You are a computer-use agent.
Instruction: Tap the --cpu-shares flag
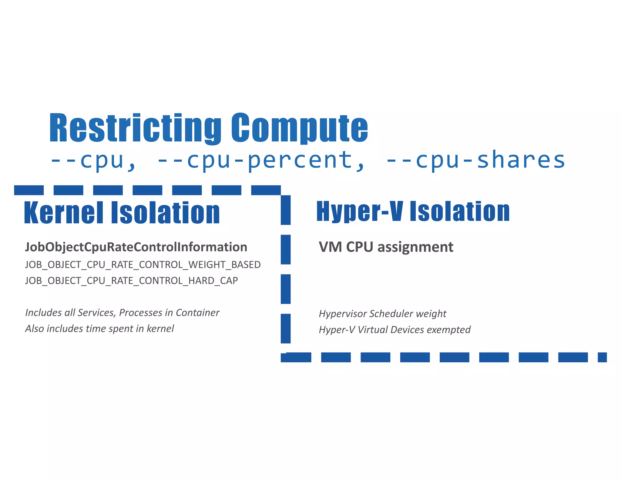(x=475, y=160)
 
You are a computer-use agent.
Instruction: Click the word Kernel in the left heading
(x=64, y=213)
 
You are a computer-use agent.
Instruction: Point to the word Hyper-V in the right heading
(x=360, y=211)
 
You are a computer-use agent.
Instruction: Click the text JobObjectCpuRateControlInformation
(x=136, y=247)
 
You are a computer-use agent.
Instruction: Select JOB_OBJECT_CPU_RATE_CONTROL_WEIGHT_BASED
(x=143, y=265)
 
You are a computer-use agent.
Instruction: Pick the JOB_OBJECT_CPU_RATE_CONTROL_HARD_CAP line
(x=131, y=281)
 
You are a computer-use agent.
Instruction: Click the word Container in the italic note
(x=197, y=313)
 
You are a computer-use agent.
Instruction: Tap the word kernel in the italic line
(x=160, y=329)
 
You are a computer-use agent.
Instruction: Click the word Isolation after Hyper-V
(x=460, y=211)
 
